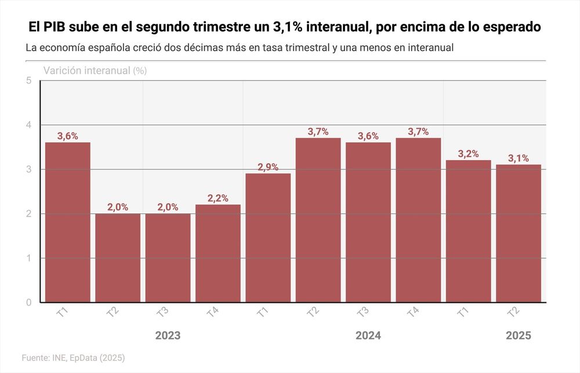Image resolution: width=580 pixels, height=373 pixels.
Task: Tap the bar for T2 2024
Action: click(x=318, y=220)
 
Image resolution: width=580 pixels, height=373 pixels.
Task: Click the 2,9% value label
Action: click(x=268, y=167)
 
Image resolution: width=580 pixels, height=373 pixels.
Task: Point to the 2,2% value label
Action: click(x=218, y=198)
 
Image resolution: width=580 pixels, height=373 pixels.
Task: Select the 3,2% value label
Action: click(x=468, y=154)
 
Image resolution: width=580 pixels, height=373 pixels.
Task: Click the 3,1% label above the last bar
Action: click(x=519, y=158)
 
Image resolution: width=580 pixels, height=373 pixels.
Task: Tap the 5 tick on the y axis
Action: click(x=28, y=81)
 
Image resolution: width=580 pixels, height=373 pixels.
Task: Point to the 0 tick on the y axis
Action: click(x=28, y=302)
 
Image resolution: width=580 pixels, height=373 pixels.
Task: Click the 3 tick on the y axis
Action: click(x=28, y=169)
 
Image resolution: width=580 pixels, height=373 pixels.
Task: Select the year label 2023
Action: click(x=168, y=336)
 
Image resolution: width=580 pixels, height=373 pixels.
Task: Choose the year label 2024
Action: click(x=368, y=336)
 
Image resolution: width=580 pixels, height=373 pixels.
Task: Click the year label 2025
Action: click(x=519, y=336)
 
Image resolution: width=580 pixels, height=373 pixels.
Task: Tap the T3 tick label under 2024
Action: click(x=363, y=312)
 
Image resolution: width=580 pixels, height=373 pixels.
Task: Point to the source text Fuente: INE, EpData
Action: click(x=73, y=358)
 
